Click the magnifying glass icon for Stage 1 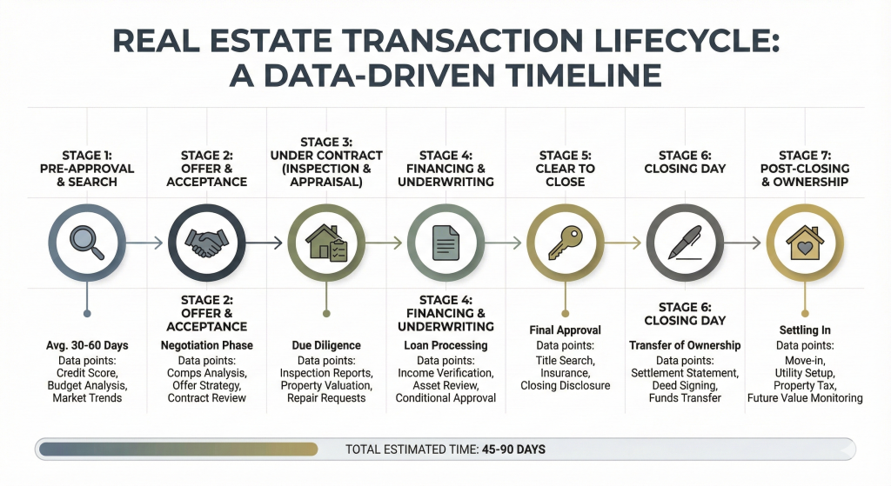pos(86,243)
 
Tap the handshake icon pos(207,243)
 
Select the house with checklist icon pos(326,243)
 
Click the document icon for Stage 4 pos(445,243)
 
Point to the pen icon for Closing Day pos(685,243)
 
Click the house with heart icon pos(804,243)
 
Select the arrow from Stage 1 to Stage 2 pos(145,243)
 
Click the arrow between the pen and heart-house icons pos(744,243)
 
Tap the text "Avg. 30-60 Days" pos(86,345)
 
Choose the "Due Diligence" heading pos(326,345)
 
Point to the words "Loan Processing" pos(445,345)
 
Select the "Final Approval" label pos(565,330)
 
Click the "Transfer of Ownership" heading pos(685,345)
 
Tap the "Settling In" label pos(804,330)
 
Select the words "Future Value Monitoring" pos(805,398)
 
